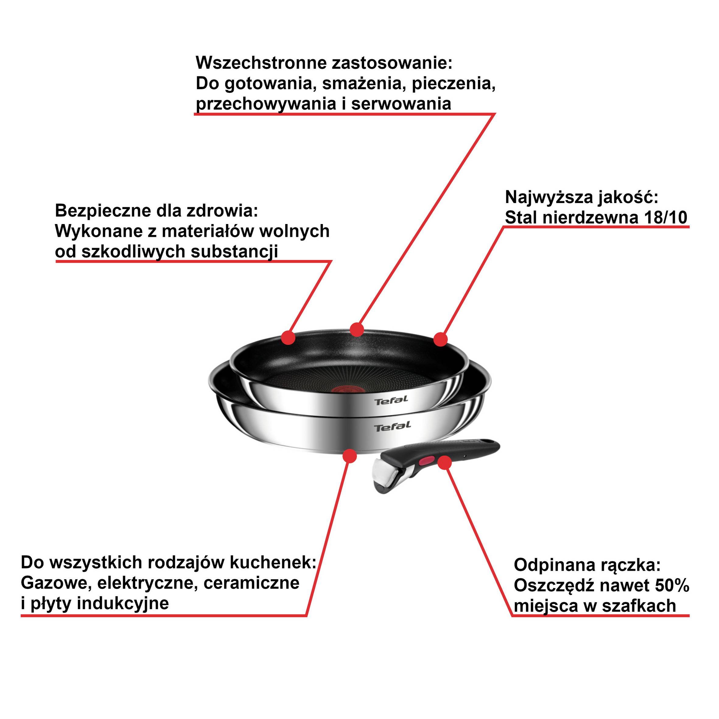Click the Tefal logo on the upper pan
391,401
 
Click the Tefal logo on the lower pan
393,426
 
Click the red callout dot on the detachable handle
444,463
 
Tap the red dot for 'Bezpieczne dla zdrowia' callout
288,338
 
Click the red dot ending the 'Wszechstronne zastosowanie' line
357,329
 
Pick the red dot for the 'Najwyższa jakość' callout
441,339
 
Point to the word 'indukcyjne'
123,603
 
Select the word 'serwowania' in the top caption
401,104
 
